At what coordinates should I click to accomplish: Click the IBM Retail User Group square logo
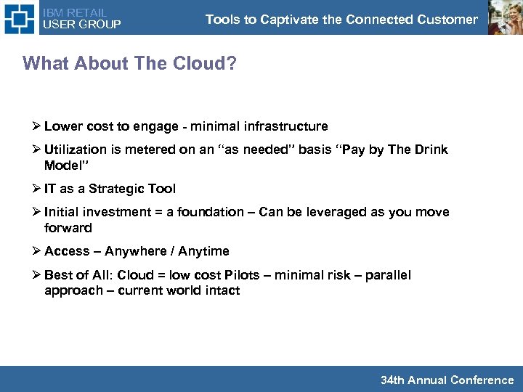pyautogui.click(x=19, y=17)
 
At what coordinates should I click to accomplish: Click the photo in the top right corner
pyautogui.click(x=503, y=17)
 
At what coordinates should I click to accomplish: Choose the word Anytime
pyautogui.click(x=203, y=251)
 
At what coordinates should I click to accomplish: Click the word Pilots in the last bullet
pyautogui.click(x=246, y=275)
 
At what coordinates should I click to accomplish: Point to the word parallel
pyautogui.click(x=388, y=275)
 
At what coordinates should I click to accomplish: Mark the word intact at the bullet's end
pyautogui.click(x=222, y=290)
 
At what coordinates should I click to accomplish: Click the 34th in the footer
pyautogui.click(x=392, y=380)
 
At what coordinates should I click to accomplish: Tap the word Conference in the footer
pyautogui.click(x=482, y=380)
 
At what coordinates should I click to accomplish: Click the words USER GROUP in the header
pyautogui.click(x=82, y=24)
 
